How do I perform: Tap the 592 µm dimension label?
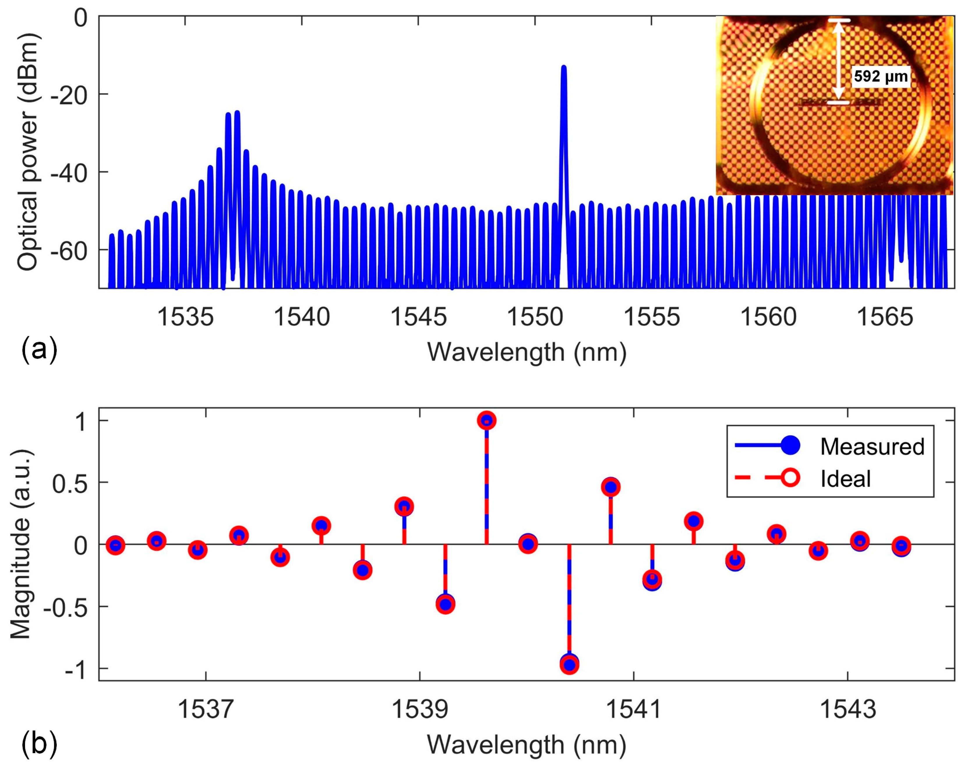click(x=880, y=77)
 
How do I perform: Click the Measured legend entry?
click(x=871, y=447)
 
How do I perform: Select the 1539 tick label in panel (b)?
click(x=419, y=709)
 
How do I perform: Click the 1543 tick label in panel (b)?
click(x=848, y=709)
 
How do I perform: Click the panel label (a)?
click(x=39, y=349)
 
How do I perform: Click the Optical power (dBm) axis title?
click(x=28, y=152)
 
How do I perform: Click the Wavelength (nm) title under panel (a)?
click(x=527, y=352)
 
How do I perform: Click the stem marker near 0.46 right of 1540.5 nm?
click(x=611, y=487)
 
